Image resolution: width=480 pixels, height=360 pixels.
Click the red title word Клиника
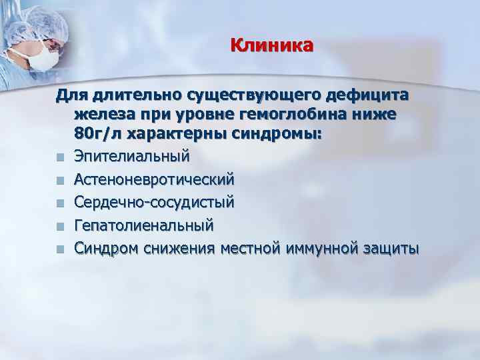point(271,46)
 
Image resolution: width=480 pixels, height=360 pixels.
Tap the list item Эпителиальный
point(132,157)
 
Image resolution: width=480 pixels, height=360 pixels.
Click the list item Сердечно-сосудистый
point(154,202)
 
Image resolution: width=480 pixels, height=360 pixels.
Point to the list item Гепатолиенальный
point(144,225)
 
